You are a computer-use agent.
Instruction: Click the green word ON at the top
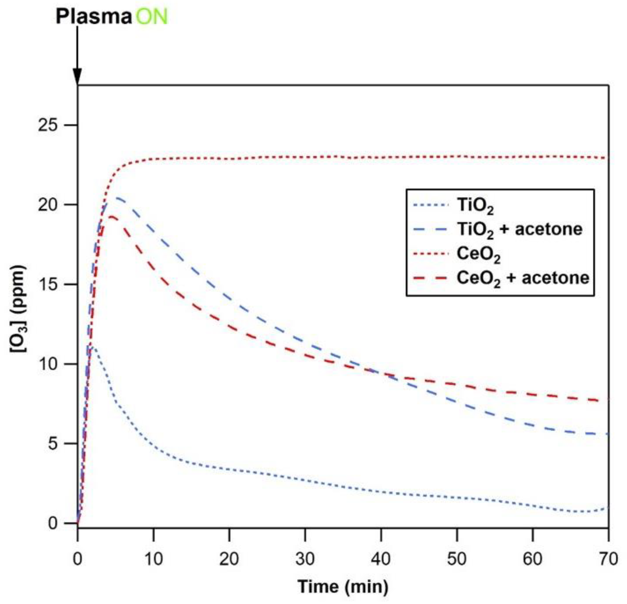(151, 17)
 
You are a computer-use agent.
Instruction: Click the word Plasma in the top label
(94, 17)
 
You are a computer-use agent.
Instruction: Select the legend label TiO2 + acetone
(519, 230)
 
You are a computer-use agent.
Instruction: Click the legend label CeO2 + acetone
(523, 278)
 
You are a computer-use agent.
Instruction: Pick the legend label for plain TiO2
(475, 206)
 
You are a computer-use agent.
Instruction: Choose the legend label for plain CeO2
(478, 254)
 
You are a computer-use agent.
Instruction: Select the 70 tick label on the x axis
(608, 559)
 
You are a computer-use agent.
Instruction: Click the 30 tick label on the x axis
(305, 559)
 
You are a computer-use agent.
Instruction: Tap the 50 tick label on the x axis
(457, 559)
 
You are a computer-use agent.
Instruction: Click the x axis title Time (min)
(343, 587)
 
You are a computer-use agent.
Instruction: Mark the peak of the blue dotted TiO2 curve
(93, 346)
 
